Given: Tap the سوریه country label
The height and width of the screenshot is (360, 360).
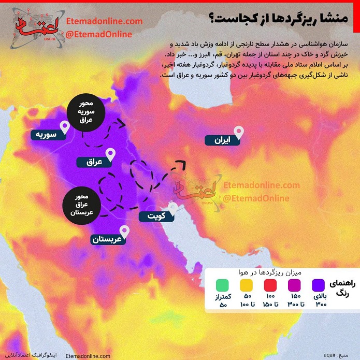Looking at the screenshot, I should (46, 135).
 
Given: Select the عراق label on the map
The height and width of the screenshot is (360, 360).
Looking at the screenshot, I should (95, 162).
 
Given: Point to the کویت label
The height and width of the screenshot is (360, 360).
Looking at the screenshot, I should (157, 217).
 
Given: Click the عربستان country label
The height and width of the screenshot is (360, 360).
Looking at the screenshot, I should (109, 239).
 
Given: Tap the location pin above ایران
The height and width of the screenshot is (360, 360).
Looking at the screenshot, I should (239, 131).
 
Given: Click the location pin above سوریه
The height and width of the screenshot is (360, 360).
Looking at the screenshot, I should (65, 126).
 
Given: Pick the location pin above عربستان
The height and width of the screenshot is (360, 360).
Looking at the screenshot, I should (124, 231).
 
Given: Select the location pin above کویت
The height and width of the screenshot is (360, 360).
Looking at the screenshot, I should (173, 207).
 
